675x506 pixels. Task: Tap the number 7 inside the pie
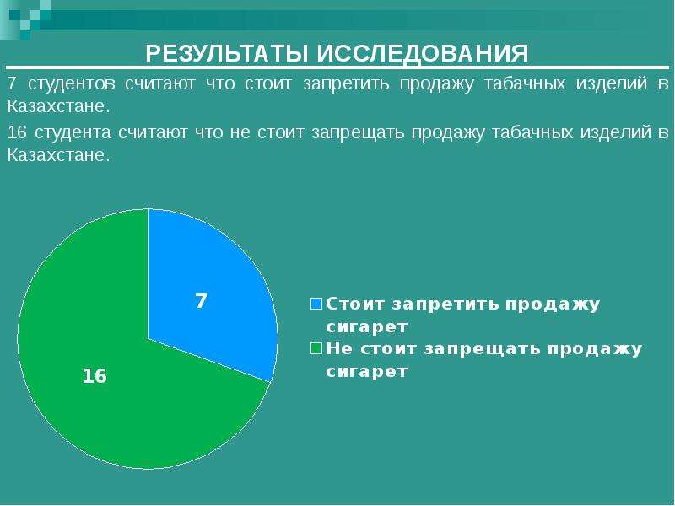coord(201,301)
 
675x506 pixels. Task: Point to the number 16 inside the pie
coord(94,376)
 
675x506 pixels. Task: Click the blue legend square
coord(316,304)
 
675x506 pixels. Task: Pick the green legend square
coord(316,348)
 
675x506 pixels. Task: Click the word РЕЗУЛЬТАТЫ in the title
coord(227,54)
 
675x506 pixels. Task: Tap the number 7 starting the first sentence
coord(12,83)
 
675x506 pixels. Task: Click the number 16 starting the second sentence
coord(17,132)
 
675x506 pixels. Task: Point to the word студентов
coord(72,83)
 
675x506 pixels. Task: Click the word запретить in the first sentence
coord(346,83)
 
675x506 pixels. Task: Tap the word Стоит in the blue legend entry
coord(355,304)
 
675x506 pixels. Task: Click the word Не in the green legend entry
coord(339,348)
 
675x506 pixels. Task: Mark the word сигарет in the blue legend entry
coord(367,326)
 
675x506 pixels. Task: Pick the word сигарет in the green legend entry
coord(367,371)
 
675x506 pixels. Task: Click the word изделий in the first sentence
coord(612,83)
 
